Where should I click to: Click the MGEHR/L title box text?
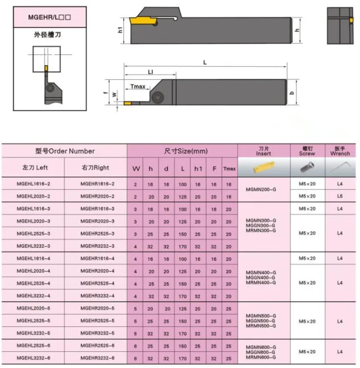[49, 17]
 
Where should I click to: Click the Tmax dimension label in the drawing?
[138, 86]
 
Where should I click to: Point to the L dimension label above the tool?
[205, 62]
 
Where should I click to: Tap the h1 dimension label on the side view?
[120, 30]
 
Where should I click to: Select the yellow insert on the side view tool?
[143, 21]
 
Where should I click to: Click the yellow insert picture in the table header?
[264, 167]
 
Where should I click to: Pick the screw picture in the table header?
[307, 167]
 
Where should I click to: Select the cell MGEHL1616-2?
[33, 184]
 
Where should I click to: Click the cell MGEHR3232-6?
[97, 358]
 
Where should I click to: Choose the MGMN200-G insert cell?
[261, 190]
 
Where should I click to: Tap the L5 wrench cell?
[340, 196]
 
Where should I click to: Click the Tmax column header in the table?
[229, 168]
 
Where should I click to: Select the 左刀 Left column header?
[35, 167]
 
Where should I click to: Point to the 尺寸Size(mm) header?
[186, 151]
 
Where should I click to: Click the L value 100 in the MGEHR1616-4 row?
[182, 259]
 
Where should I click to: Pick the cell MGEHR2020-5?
[97, 308]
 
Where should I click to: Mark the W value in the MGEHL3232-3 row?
[135, 247]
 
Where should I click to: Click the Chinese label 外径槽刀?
[48, 35]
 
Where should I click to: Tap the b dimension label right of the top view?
[292, 93]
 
